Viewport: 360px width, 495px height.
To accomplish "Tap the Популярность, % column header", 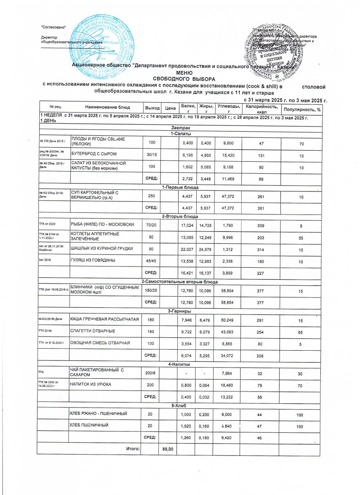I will pos(301,109).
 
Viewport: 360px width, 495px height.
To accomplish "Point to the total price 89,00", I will pos(167,449).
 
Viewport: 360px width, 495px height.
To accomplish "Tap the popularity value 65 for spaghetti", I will pos(301,331).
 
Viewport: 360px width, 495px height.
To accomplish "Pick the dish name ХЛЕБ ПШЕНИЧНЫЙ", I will pos(91,424).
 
